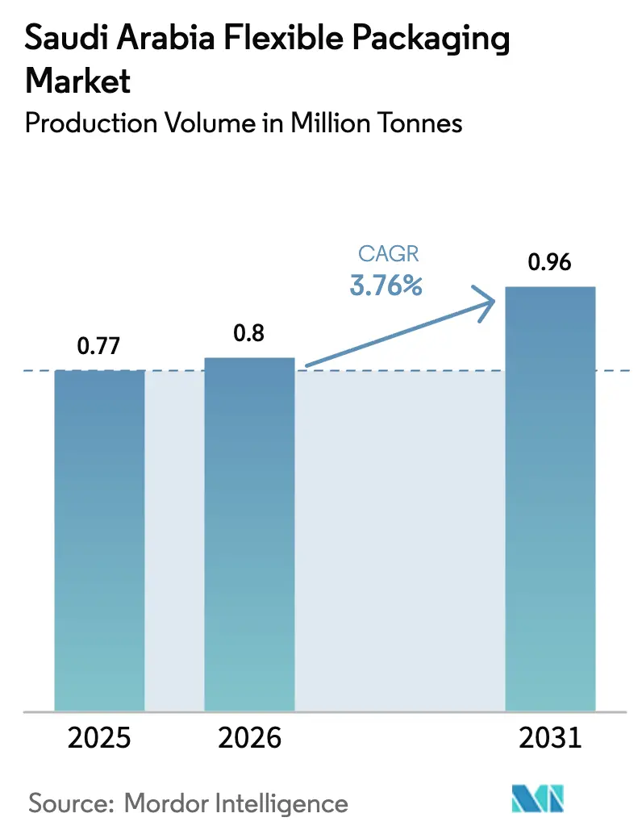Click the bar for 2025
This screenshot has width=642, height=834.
[x=99, y=540]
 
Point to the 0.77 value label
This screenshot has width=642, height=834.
[x=98, y=347]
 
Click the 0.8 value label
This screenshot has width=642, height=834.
[x=249, y=334]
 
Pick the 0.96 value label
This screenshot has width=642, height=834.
[x=550, y=263]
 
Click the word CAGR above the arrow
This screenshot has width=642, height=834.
[x=388, y=255]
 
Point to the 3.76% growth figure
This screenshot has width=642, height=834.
[x=386, y=285]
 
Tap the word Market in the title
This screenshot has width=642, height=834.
[x=78, y=81]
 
